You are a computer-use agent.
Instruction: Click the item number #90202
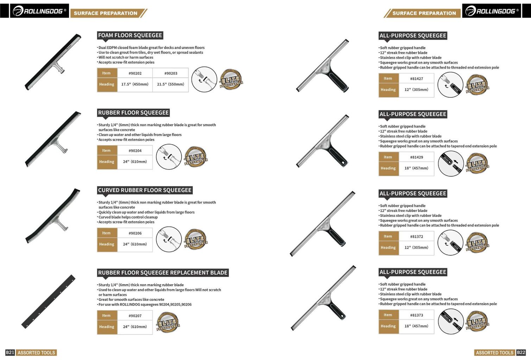tap(135, 73)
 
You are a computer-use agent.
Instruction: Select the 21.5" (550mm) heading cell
tap(170, 84)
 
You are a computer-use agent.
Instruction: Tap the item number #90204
tap(135, 150)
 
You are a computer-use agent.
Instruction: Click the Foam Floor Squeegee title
tap(130, 35)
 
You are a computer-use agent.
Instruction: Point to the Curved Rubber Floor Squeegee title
tap(145, 190)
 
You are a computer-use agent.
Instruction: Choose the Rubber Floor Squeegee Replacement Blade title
tap(163, 272)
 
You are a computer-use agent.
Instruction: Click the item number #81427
tap(417, 79)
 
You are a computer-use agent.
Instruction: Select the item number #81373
tap(417, 315)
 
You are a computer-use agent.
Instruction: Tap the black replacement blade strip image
tap(48, 302)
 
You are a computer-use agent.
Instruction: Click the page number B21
tap(10, 352)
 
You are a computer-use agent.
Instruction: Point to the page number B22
tap(521, 352)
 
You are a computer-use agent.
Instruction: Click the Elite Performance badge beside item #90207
tap(168, 322)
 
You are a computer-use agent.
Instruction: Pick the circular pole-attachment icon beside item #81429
tap(450, 164)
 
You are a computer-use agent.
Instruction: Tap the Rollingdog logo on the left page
tap(39, 11)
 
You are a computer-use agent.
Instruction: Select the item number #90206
tap(135, 233)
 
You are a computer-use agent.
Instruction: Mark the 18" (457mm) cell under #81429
tap(416, 168)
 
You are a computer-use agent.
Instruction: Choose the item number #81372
tap(417, 236)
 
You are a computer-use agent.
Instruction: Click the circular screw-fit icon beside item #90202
tap(204, 79)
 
